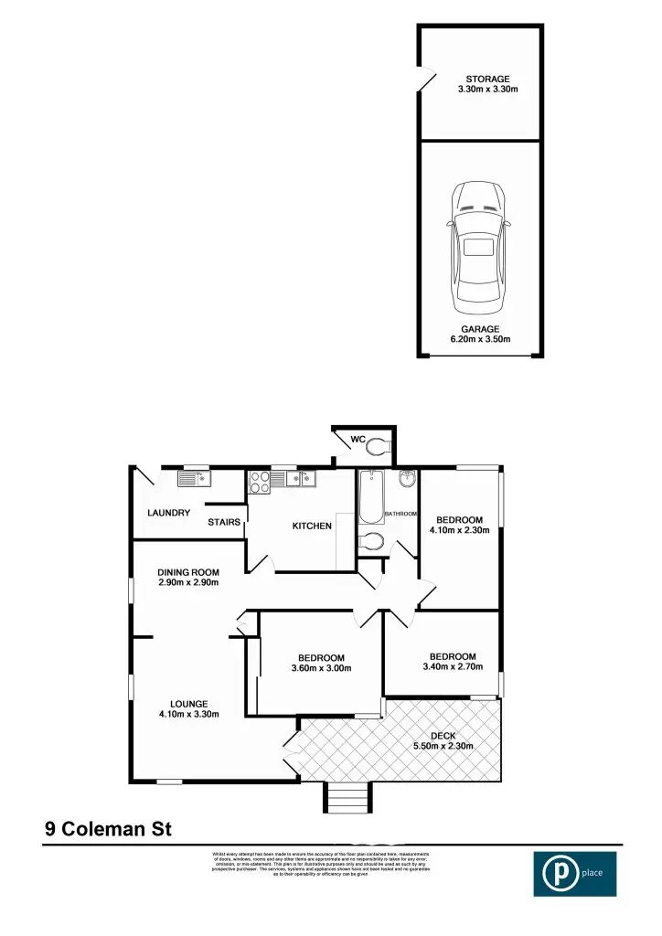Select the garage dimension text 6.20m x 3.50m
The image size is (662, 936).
pyautogui.click(x=479, y=339)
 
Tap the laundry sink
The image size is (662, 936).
pyautogui.click(x=193, y=477)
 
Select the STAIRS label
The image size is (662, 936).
pyautogui.click(x=224, y=522)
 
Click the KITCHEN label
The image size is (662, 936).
pyautogui.click(x=312, y=526)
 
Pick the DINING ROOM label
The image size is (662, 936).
pyautogui.click(x=187, y=572)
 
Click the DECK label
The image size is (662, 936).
pyautogui.click(x=443, y=736)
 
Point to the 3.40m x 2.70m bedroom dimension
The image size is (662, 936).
pyautogui.click(x=453, y=666)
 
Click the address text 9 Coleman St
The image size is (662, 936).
pyautogui.click(x=108, y=830)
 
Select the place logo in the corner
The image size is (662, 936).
pyautogui.click(x=574, y=873)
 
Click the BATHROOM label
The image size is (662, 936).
pyautogui.click(x=400, y=515)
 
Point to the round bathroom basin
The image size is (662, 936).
pyautogui.click(x=408, y=479)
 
